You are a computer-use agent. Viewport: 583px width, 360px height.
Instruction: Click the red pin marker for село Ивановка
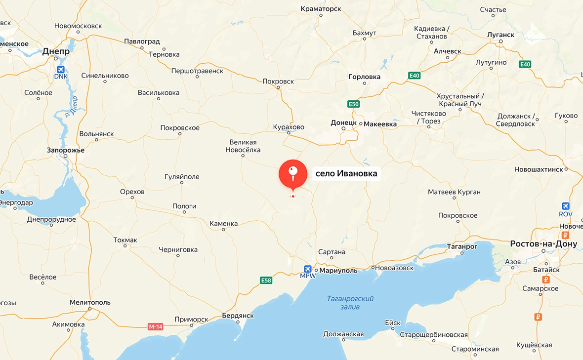[292, 174]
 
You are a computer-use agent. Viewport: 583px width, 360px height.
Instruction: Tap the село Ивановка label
[346, 173]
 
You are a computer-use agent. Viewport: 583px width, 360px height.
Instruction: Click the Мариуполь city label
[338, 271]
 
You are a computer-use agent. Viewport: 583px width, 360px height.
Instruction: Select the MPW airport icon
[308, 269]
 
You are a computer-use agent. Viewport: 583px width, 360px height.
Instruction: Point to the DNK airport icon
[61, 70]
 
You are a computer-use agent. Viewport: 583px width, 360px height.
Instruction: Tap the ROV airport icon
[566, 206]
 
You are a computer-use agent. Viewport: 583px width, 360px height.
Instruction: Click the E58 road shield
[266, 280]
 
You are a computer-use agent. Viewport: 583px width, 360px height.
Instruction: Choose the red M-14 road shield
[155, 326]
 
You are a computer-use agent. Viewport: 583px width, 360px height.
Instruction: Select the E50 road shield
[353, 104]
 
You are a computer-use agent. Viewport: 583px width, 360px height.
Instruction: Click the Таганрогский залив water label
[350, 303]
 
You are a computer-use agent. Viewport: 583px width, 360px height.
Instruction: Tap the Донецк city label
[343, 122]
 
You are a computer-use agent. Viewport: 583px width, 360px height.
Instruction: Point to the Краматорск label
[321, 9]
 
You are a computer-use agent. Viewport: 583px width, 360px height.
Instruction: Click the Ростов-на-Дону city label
[543, 244]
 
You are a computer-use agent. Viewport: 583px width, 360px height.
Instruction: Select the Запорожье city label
[65, 150]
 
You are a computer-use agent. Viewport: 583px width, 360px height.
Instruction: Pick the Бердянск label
[238, 315]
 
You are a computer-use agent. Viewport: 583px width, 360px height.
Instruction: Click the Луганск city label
[500, 35]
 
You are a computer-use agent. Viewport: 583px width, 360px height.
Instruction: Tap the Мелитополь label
[90, 302]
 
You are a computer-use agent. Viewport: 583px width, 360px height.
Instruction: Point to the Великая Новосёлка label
[243, 146]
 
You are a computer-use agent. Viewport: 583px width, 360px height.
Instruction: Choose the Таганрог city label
[462, 246]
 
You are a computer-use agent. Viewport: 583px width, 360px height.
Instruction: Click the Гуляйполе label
[182, 176]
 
